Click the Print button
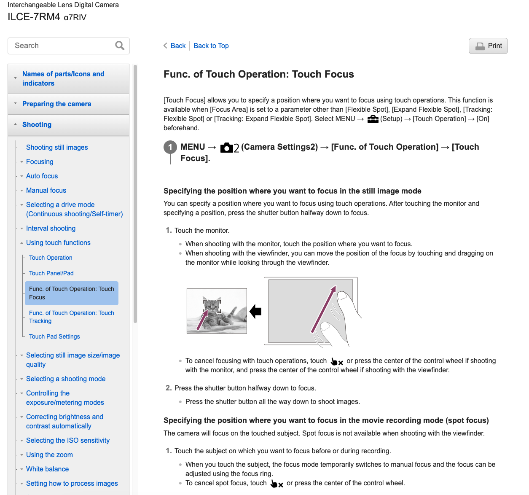(x=488, y=46)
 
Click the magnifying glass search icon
(x=120, y=46)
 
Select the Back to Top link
(x=211, y=46)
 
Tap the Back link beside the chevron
(x=178, y=46)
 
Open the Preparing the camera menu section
(x=56, y=104)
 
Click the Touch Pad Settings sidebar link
(x=54, y=336)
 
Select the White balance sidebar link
(x=47, y=469)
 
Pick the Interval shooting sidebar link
(x=51, y=228)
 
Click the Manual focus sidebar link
(x=46, y=190)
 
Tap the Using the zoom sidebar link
(x=49, y=455)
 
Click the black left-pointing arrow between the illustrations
(x=255, y=312)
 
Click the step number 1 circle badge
(x=170, y=147)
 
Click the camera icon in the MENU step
(x=227, y=147)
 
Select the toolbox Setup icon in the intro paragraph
(x=373, y=119)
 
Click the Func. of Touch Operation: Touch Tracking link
(x=71, y=317)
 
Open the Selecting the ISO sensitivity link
(x=67, y=440)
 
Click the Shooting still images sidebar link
(x=57, y=147)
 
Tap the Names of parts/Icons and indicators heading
(x=63, y=78)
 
